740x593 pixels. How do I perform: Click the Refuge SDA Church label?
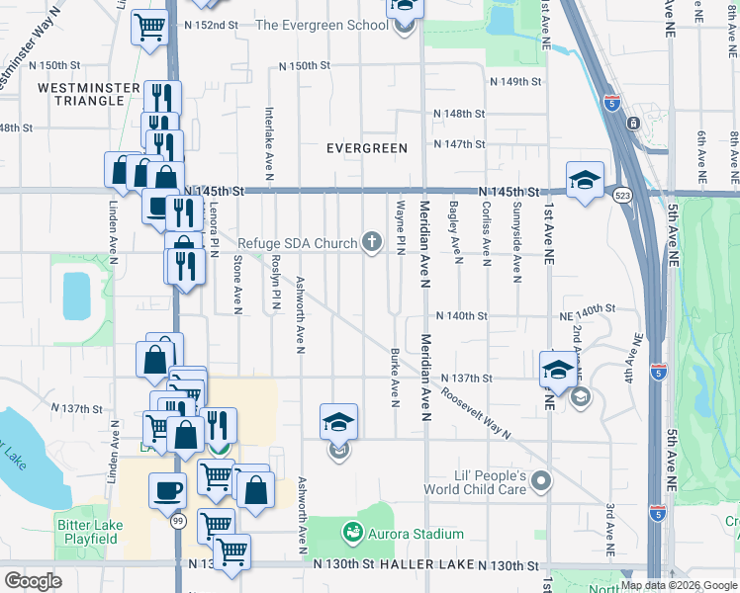297,242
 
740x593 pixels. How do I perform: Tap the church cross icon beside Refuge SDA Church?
372,242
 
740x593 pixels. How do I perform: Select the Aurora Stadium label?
416,534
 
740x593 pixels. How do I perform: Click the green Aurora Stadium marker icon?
352,534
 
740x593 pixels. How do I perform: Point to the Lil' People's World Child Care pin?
540,482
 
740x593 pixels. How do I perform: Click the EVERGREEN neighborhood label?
367,148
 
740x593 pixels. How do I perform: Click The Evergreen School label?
322,25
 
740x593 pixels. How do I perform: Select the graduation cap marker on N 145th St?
585,179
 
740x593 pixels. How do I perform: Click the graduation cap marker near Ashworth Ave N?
338,422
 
